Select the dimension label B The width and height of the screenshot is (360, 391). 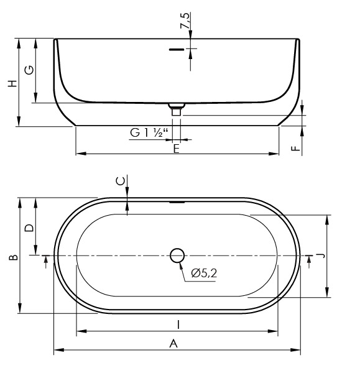pos(14,255)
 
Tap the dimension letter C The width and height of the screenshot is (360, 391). pos(121,181)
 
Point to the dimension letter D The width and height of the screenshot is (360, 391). pos(29,228)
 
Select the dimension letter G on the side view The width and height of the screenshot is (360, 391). pos(29,70)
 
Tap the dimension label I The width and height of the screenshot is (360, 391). pos(178,324)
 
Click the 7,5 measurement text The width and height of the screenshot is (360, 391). pos(183,22)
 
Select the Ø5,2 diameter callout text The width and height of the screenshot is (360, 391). pos(204,273)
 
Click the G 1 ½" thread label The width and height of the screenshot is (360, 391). pos(149,132)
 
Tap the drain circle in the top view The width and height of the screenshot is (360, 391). pos(177,255)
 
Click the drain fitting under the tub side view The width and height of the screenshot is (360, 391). pos(177,110)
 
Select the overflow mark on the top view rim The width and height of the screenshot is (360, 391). pos(177,202)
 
